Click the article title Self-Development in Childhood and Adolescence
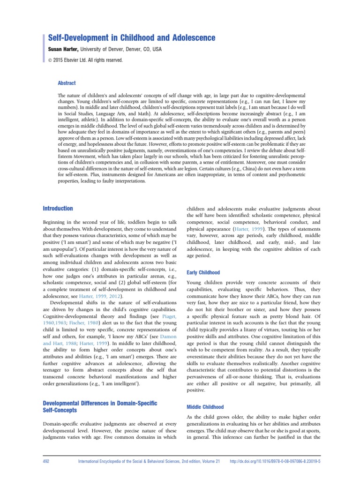(132, 37)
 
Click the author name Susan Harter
(62, 49)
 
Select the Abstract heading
(66, 83)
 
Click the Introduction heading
(58, 208)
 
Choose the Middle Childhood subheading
(205, 407)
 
